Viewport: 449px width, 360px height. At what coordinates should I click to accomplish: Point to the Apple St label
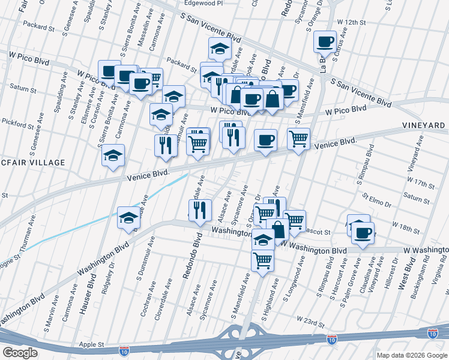tap(92, 345)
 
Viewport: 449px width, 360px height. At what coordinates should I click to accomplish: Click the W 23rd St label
tap(310, 323)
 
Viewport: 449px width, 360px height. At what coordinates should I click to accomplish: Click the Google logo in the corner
tap(20, 352)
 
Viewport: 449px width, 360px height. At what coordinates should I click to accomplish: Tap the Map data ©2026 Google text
tap(411, 355)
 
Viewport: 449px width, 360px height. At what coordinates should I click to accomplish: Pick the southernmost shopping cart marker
tap(262, 260)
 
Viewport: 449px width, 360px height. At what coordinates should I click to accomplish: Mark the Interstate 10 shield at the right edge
tap(432, 332)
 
